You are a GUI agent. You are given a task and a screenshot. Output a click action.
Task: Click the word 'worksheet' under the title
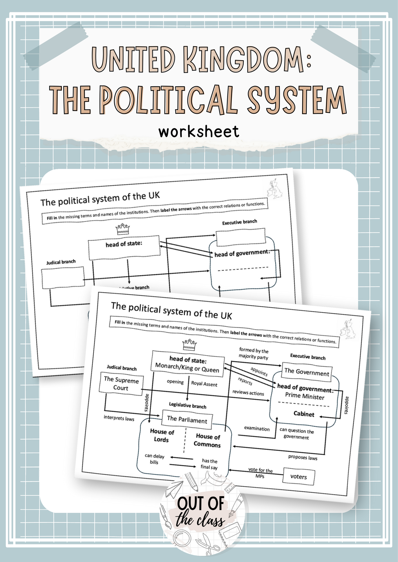click(x=199, y=132)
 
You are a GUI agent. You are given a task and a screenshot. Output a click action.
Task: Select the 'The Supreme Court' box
click(x=121, y=384)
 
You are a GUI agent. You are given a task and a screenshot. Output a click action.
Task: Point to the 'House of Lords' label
click(x=162, y=435)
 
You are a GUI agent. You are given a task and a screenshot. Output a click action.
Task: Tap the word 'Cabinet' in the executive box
click(x=304, y=414)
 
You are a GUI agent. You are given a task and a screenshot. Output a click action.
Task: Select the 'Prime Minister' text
click(x=305, y=396)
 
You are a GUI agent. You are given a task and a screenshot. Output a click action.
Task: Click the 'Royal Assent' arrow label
click(x=204, y=384)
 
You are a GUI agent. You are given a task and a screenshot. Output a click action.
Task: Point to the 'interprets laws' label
click(x=119, y=418)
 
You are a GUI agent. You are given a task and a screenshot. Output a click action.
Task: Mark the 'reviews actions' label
click(x=248, y=393)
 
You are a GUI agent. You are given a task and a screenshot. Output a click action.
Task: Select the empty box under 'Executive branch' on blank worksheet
click(x=241, y=237)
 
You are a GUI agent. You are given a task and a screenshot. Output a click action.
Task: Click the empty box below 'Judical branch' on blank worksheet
click(x=63, y=277)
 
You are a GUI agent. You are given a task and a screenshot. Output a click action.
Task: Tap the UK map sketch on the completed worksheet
click(x=348, y=329)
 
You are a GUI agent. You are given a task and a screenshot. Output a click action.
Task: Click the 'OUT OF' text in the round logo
click(x=201, y=504)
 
